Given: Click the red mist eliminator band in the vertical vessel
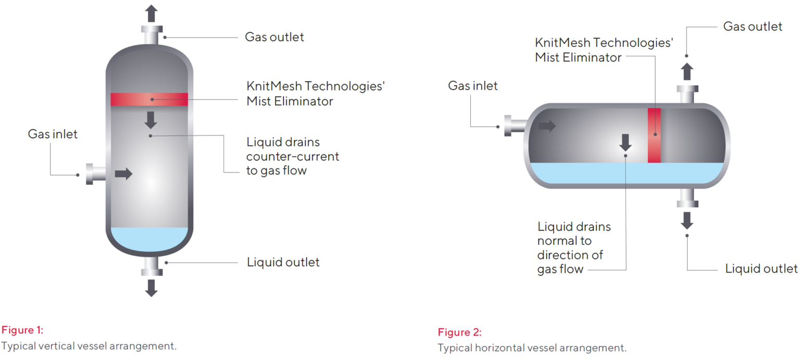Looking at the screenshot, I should point(149,99).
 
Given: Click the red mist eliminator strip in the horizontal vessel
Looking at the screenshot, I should point(654,135).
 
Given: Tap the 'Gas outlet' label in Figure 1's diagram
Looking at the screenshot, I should point(274,37).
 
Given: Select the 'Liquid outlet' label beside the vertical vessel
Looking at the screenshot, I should point(283,262).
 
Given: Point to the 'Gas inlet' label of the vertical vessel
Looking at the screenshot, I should point(53,134).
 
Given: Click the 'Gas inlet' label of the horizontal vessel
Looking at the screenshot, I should point(473,85).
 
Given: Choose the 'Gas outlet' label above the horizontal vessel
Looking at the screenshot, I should point(753,26).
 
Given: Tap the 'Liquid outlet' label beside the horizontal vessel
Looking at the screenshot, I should point(761,269).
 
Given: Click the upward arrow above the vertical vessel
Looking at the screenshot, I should point(151,13).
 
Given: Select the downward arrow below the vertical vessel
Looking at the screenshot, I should point(151,288).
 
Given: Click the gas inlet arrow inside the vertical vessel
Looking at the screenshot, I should point(123,174).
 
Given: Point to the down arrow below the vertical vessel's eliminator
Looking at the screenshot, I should point(151,120).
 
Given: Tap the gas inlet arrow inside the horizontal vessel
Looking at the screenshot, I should point(547,126).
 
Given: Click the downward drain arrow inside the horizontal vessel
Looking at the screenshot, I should point(626,142).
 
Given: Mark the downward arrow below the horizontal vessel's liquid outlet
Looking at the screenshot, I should point(687,220).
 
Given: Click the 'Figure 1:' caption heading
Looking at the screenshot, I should point(22,330).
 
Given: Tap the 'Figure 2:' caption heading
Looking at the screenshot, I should point(459,332).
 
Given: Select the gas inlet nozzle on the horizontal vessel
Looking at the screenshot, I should point(515,126).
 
